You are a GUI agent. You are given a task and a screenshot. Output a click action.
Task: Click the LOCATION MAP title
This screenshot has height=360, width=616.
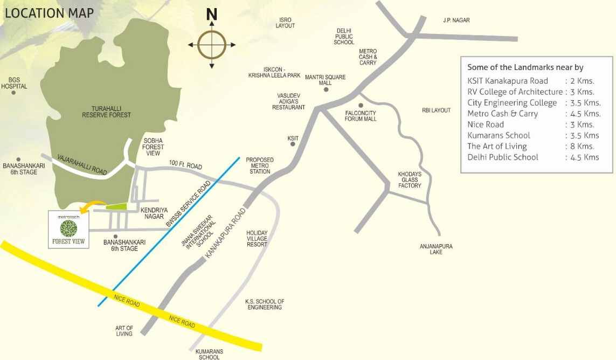tap(49, 13)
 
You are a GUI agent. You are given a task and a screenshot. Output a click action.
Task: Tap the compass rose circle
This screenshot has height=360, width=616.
tap(212, 44)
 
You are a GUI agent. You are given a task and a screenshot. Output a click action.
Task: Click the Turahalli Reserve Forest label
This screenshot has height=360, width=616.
tap(106, 111)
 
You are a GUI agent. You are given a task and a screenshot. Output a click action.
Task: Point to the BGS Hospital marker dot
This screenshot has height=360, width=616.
tap(13, 92)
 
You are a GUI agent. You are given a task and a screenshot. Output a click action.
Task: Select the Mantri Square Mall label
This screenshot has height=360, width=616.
tap(325, 80)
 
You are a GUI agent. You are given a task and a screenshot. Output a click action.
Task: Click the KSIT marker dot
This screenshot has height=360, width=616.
tap(293, 145)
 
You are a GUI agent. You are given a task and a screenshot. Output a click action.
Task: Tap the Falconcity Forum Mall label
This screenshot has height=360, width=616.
tap(361, 115)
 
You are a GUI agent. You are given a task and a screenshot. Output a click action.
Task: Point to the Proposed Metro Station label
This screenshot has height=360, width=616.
tap(260, 165)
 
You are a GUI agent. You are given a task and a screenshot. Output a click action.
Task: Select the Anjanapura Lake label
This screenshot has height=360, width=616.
tap(436, 249)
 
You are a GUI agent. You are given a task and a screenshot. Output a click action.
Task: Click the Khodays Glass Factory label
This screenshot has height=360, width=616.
tap(410, 180)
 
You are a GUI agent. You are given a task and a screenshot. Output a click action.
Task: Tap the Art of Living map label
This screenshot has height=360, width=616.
tap(124, 330)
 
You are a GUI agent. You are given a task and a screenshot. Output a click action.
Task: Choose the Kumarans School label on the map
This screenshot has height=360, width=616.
tap(209, 354)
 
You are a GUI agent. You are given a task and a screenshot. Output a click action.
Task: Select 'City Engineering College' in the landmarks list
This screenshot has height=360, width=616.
tap(512, 102)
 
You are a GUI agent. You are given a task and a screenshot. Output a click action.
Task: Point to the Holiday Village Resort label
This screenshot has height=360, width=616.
tap(257, 238)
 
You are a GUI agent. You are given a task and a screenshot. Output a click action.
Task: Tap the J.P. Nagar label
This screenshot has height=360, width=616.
tap(456, 20)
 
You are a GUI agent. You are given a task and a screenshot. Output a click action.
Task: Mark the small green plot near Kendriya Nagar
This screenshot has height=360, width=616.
tap(116, 206)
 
